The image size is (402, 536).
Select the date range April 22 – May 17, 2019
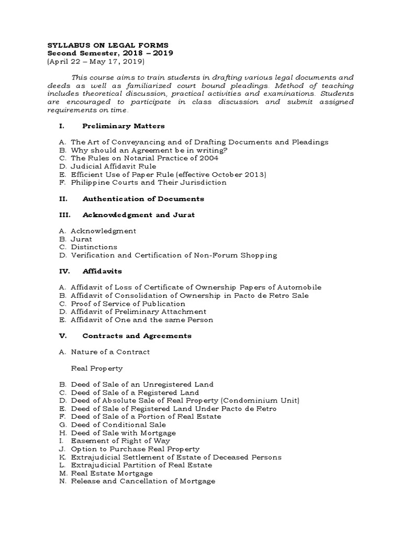pyautogui.click(x=96, y=61)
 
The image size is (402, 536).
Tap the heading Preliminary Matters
pyautogui.click(x=124, y=126)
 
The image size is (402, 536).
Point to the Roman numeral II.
pyautogui.click(x=62, y=199)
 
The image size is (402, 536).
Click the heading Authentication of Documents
pyautogui.click(x=143, y=199)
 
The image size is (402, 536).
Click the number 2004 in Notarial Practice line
pyautogui.click(x=208, y=158)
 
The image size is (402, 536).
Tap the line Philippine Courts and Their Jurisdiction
pyautogui.click(x=148, y=183)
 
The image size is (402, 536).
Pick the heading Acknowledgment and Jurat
pyautogui.click(x=139, y=215)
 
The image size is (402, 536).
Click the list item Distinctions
pyautogui.click(x=94, y=247)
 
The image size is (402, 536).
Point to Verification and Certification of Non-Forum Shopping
pyautogui.click(x=174, y=255)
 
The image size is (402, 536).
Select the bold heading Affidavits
pyautogui.click(x=103, y=272)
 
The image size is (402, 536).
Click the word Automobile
pyautogui.click(x=298, y=287)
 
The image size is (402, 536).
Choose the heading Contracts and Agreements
pyautogui.click(x=137, y=336)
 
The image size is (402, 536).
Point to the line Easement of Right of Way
pyautogui.click(x=120, y=441)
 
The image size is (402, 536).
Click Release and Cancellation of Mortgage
pyautogui.click(x=143, y=481)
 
